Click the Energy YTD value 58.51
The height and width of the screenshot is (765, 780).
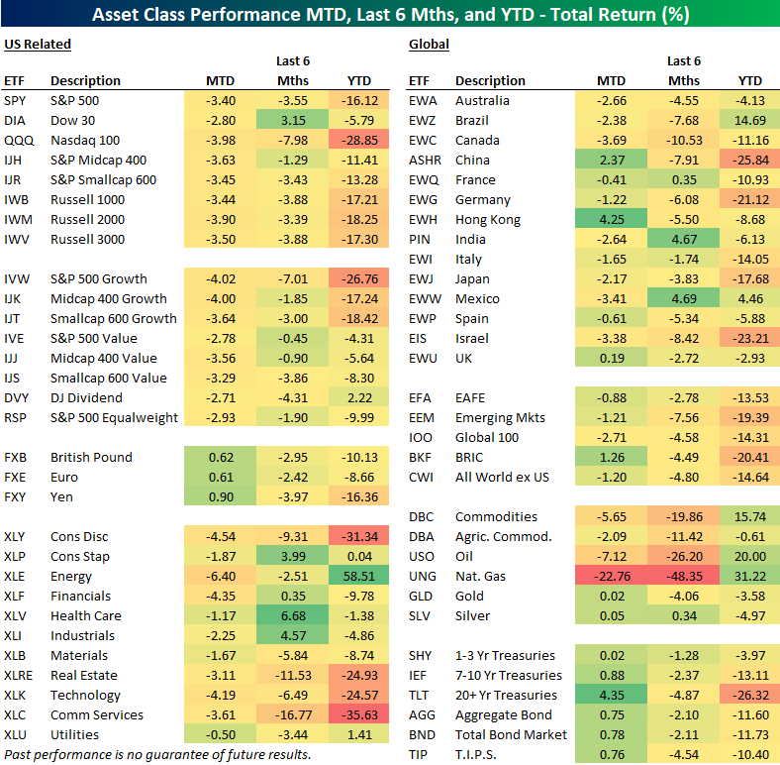(x=359, y=576)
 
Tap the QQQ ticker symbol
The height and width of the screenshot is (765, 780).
(x=16, y=140)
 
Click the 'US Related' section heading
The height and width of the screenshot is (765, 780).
(x=37, y=44)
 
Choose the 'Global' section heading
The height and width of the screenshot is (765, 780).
(x=429, y=44)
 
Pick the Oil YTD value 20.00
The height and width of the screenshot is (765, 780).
(x=750, y=556)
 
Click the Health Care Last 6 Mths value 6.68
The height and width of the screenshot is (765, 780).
(x=292, y=615)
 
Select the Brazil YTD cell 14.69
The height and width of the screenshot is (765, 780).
(x=750, y=120)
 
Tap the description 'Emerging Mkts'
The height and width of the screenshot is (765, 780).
(x=500, y=417)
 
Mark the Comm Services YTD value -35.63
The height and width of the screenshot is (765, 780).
(x=359, y=714)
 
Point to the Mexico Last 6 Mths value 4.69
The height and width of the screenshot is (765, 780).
(x=683, y=298)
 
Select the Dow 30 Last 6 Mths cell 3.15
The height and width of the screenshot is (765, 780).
(x=292, y=120)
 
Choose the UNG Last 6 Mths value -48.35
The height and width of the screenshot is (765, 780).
(x=683, y=576)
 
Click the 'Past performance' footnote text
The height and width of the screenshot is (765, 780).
(x=156, y=754)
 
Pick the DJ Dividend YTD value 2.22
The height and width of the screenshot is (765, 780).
(x=359, y=397)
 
